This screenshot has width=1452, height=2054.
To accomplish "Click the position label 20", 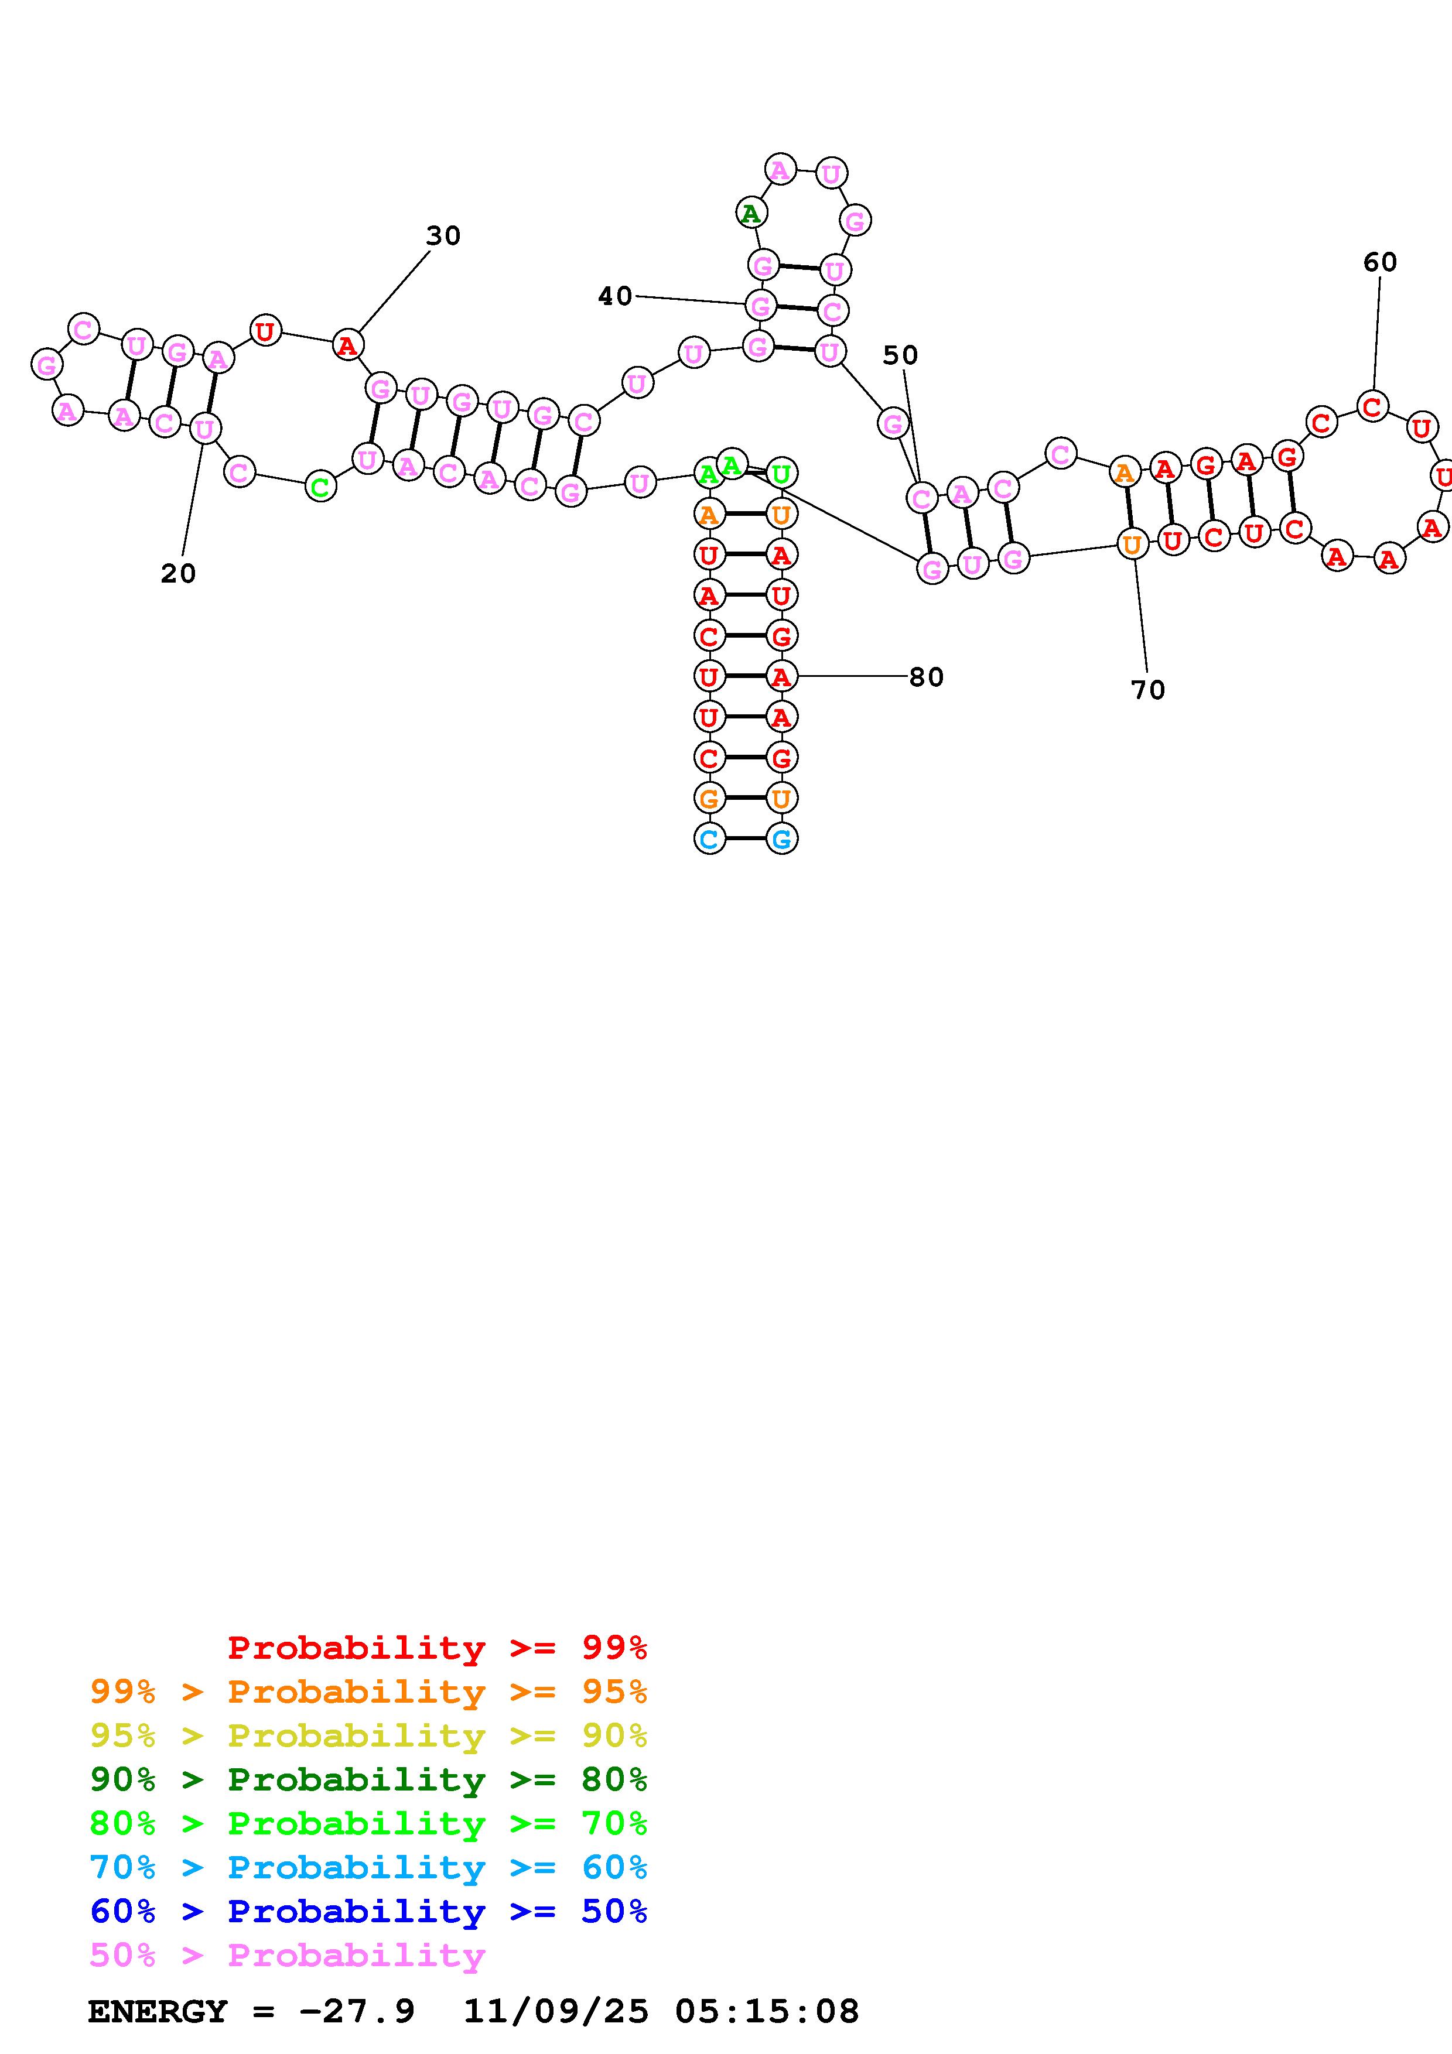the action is coord(178,573).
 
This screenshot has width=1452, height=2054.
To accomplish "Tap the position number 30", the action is coord(443,236).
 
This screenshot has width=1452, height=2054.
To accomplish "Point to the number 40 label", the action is coord(614,296).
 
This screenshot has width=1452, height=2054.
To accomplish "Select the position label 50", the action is coord(900,355).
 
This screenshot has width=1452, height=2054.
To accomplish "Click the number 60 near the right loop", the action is coord(1379,262).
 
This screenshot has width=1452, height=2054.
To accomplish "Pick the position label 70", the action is coord(1148,690).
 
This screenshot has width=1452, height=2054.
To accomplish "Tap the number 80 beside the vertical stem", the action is coord(926,677).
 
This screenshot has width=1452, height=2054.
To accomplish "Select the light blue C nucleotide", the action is coord(709,839).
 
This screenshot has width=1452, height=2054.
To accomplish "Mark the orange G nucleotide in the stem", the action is coord(709,797).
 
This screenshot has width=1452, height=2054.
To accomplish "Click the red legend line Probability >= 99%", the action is coord(436,1647).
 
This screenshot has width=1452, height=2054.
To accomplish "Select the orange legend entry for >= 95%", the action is coord(368,1691).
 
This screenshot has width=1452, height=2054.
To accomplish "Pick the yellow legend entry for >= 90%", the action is coord(368,1735).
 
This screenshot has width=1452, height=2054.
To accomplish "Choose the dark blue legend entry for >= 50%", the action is coord(368,1911).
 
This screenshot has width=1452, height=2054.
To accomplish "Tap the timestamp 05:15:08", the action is coord(767,2011).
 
